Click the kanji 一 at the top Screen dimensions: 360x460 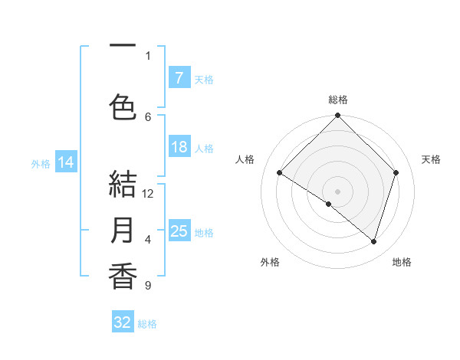123,46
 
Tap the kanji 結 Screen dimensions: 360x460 123,185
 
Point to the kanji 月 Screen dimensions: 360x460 123,231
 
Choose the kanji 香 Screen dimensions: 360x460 123,277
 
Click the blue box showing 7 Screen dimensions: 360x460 179,78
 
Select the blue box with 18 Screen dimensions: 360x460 179,147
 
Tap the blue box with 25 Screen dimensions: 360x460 179,231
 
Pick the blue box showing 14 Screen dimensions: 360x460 66,162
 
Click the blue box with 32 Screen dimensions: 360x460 123,322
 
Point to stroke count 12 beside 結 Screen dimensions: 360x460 148,194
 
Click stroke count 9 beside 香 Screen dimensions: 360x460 148,286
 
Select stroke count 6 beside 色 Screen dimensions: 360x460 148,116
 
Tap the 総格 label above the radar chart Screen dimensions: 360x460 338,100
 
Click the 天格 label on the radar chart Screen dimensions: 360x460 431,159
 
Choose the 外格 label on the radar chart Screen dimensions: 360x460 270,262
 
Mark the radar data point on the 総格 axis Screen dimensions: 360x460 337,116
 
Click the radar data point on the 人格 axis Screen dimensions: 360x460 280,172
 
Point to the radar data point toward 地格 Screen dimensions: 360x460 373,241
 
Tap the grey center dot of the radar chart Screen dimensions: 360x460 337,191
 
